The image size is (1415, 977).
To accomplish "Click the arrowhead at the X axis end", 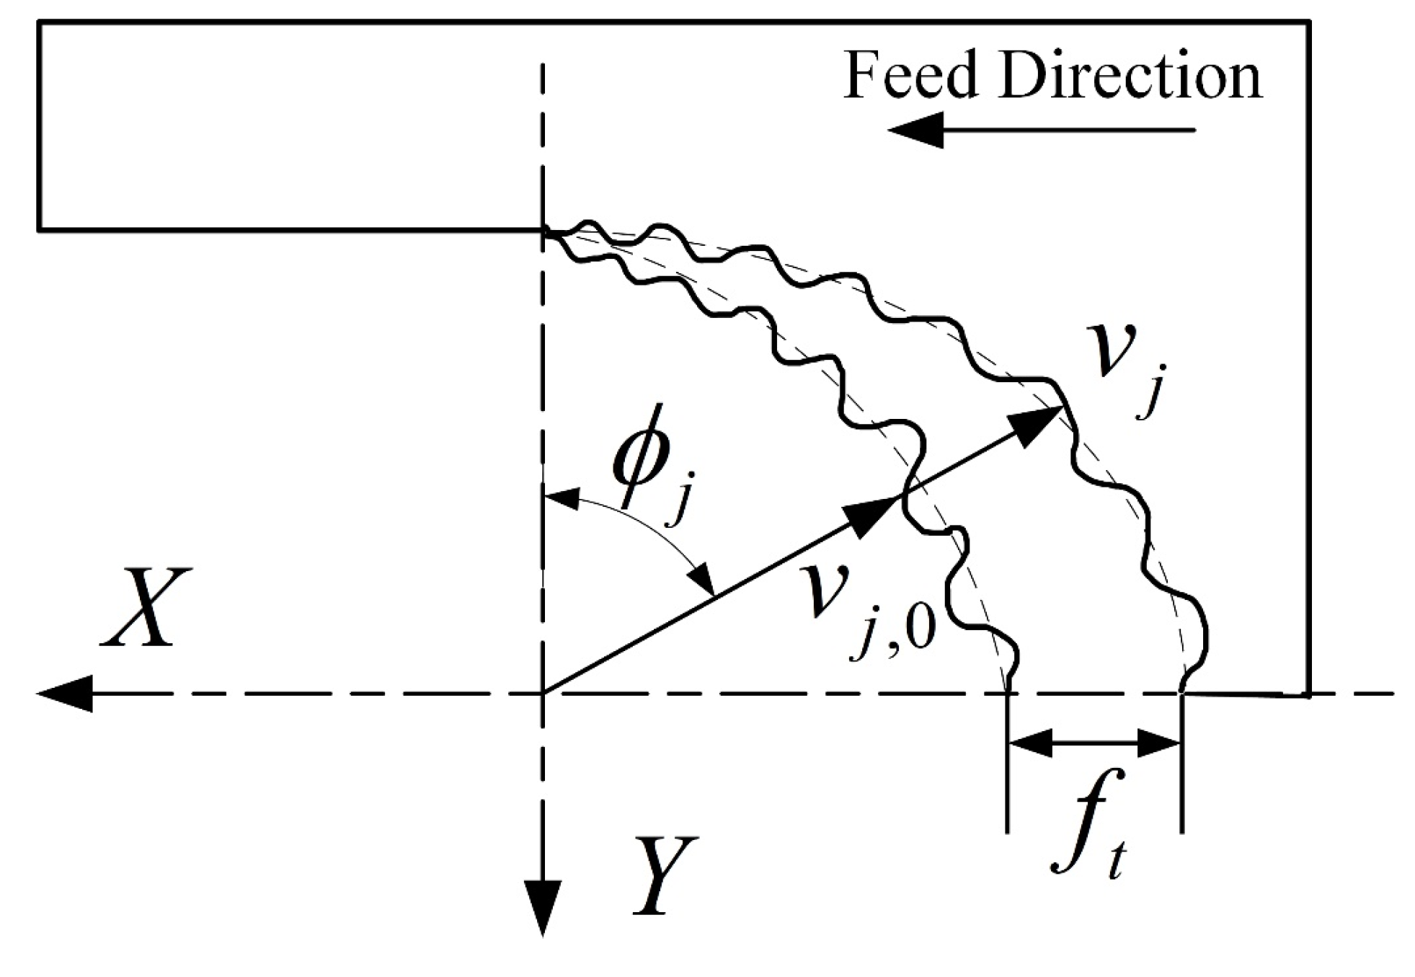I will point(65,694).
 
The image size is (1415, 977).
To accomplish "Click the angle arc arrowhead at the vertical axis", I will point(562,498).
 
